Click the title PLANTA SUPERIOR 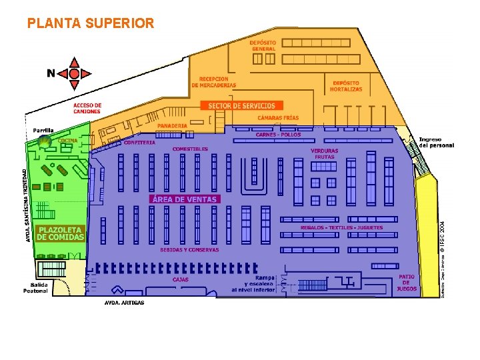click(x=90, y=23)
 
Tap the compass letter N click(x=51, y=73)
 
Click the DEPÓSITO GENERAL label click(x=263, y=45)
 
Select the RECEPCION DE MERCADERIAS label click(x=214, y=82)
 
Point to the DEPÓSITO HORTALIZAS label click(x=347, y=86)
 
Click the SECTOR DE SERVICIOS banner click(x=241, y=105)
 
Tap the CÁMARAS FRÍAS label click(x=279, y=119)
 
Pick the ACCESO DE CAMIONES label click(x=87, y=108)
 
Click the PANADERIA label click(x=173, y=125)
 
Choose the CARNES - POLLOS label click(x=279, y=135)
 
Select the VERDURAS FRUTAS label click(x=325, y=154)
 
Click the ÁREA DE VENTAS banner click(x=184, y=199)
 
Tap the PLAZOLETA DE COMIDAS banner click(x=61, y=233)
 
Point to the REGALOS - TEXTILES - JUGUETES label click(x=342, y=228)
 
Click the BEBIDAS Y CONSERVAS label click(x=189, y=250)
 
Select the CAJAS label click(x=181, y=279)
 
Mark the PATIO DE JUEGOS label click(x=407, y=283)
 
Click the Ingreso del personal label click(x=437, y=142)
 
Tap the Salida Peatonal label click(x=36, y=287)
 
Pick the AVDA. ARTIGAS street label click(x=125, y=302)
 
